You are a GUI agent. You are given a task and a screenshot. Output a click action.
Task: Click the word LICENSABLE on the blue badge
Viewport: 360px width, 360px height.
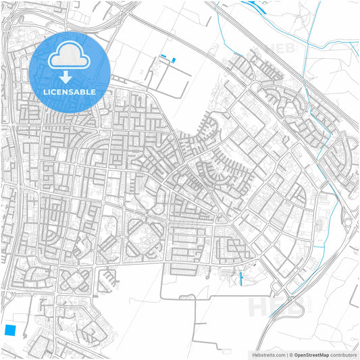point(70,91)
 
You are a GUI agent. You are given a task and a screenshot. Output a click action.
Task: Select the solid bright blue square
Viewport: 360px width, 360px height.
point(10,330)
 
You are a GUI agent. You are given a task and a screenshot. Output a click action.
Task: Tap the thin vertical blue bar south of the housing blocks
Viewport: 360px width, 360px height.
point(241,278)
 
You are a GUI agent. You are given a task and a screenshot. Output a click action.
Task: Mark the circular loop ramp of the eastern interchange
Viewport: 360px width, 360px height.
point(352,223)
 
